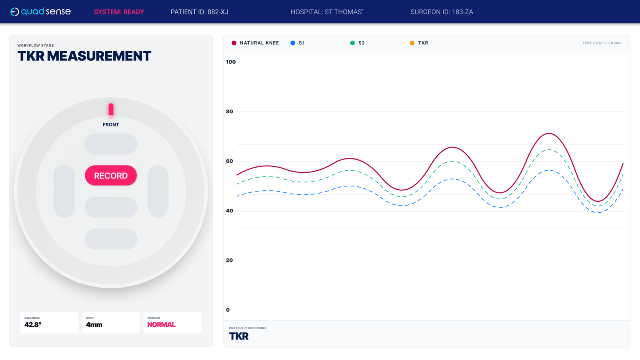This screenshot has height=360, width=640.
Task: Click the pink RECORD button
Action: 111,176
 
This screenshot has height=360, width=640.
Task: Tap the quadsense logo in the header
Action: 40,12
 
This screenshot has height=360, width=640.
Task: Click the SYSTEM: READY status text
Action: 119,12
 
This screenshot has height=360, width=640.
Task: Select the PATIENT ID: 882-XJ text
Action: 199,12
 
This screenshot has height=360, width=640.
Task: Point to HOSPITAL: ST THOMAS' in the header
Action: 326,12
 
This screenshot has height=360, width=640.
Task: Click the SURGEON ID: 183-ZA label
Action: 442,12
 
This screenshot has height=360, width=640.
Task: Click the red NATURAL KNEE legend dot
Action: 234,43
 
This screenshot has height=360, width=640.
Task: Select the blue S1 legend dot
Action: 293,43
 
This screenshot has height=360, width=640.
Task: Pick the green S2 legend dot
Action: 352,43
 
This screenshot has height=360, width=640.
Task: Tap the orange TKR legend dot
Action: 412,43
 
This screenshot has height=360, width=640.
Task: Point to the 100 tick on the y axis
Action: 231,62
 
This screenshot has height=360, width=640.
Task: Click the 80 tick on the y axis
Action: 230,112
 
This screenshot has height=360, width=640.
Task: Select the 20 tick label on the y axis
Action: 230,260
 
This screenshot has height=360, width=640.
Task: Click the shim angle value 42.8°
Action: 33,325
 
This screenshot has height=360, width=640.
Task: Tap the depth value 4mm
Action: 94,325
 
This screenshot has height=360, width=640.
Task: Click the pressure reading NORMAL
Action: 161,325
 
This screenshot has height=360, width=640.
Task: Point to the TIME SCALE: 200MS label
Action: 602,43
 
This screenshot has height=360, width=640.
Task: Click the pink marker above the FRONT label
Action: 111,109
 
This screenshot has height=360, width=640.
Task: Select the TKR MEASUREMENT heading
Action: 84,56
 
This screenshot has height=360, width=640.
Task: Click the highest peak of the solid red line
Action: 549,134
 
